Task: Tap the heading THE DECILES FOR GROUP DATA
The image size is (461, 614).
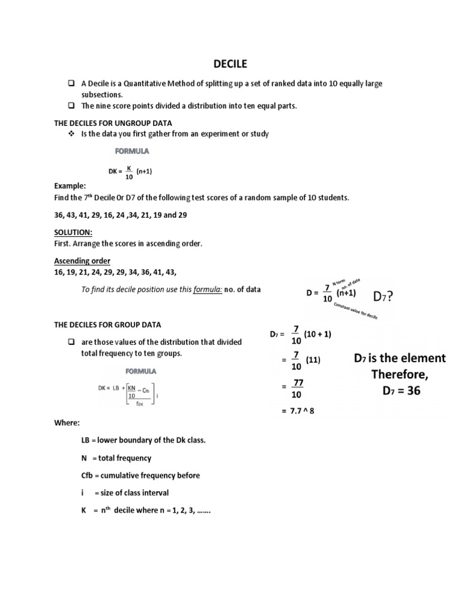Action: [107, 325]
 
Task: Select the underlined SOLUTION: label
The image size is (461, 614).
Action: [73, 232]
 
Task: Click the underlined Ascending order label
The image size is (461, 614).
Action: [82, 261]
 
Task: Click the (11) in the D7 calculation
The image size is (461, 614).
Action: [313, 360]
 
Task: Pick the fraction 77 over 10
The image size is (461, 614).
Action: [297, 389]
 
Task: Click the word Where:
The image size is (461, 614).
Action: [67, 423]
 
